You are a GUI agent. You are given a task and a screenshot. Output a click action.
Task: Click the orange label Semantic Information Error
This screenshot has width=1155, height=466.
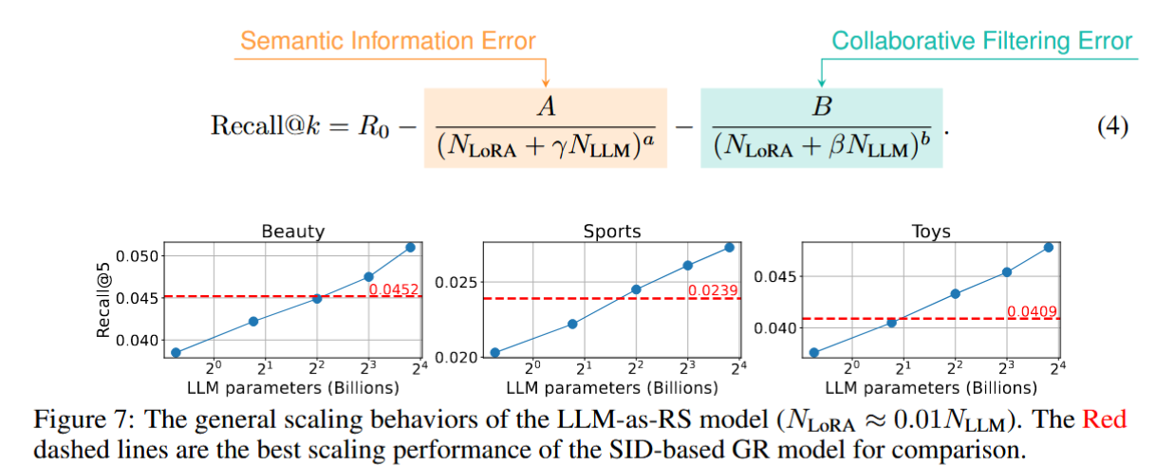point(388,41)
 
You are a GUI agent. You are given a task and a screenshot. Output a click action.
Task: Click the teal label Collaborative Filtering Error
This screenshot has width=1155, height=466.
point(981,41)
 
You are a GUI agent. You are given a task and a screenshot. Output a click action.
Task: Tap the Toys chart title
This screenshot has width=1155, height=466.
point(930,232)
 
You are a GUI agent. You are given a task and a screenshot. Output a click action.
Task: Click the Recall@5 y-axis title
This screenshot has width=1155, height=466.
point(105,300)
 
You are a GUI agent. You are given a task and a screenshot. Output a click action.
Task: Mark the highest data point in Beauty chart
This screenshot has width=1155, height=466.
point(410,248)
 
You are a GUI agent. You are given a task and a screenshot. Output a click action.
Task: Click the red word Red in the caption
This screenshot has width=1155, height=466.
point(1104,419)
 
